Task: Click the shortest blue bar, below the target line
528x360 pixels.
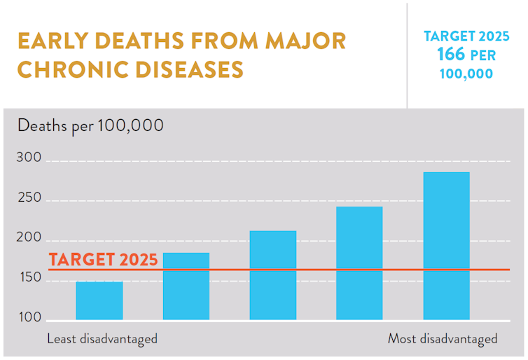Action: (x=99, y=300)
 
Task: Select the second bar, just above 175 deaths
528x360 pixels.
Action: (x=186, y=286)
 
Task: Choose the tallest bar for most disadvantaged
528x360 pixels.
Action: (x=446, y=246)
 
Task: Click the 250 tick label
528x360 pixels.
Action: (x=29, y=200)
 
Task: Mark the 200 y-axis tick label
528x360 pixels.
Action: (x=29, y=239)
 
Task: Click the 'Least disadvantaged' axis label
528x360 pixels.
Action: (x=102, y=339)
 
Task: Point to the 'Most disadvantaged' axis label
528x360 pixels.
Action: (x=443, y=339)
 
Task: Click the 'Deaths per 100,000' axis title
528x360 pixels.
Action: (x=90, y=126)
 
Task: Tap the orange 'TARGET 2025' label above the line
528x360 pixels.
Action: (x=103, y=259)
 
